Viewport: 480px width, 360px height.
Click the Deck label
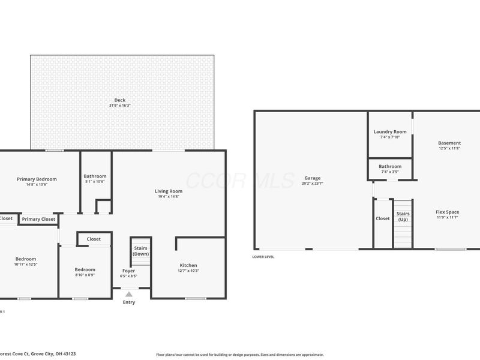tap(121, 100)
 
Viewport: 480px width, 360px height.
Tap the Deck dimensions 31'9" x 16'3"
tap(121, 106)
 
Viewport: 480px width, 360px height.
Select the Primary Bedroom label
tap(37, 179)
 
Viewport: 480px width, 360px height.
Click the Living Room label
tap(169, 191)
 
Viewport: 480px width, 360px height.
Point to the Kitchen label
tap(188, 265)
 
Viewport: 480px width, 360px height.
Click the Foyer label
tap(129, 271)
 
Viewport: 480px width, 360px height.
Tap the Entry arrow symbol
tap(129, 295)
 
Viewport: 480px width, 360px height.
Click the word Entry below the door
tap(129, 302)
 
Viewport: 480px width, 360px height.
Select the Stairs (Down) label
tap(140, 251)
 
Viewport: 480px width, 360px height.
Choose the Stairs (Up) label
tap(403, 216)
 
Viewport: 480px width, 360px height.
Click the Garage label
tap(312, 178)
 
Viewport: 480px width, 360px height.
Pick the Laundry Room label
tap(390, 131)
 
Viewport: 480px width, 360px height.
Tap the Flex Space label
tap(447, 212)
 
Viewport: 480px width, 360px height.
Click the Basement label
tap(449, 143)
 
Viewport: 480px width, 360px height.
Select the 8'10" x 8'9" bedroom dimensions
tap(85, 275)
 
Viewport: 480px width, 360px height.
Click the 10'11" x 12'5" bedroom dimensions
tap(26, 264)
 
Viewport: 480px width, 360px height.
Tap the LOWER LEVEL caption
tap(263, 257)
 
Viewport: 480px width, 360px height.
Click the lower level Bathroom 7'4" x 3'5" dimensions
tap(390, 172)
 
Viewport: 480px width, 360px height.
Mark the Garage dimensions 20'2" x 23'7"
tap(312, 183)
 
